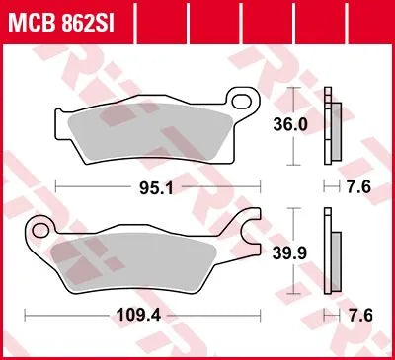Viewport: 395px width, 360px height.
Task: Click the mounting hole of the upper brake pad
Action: click(x=236, y=99)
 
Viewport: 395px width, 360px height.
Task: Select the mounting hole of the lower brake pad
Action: click(x=41, y=230)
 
